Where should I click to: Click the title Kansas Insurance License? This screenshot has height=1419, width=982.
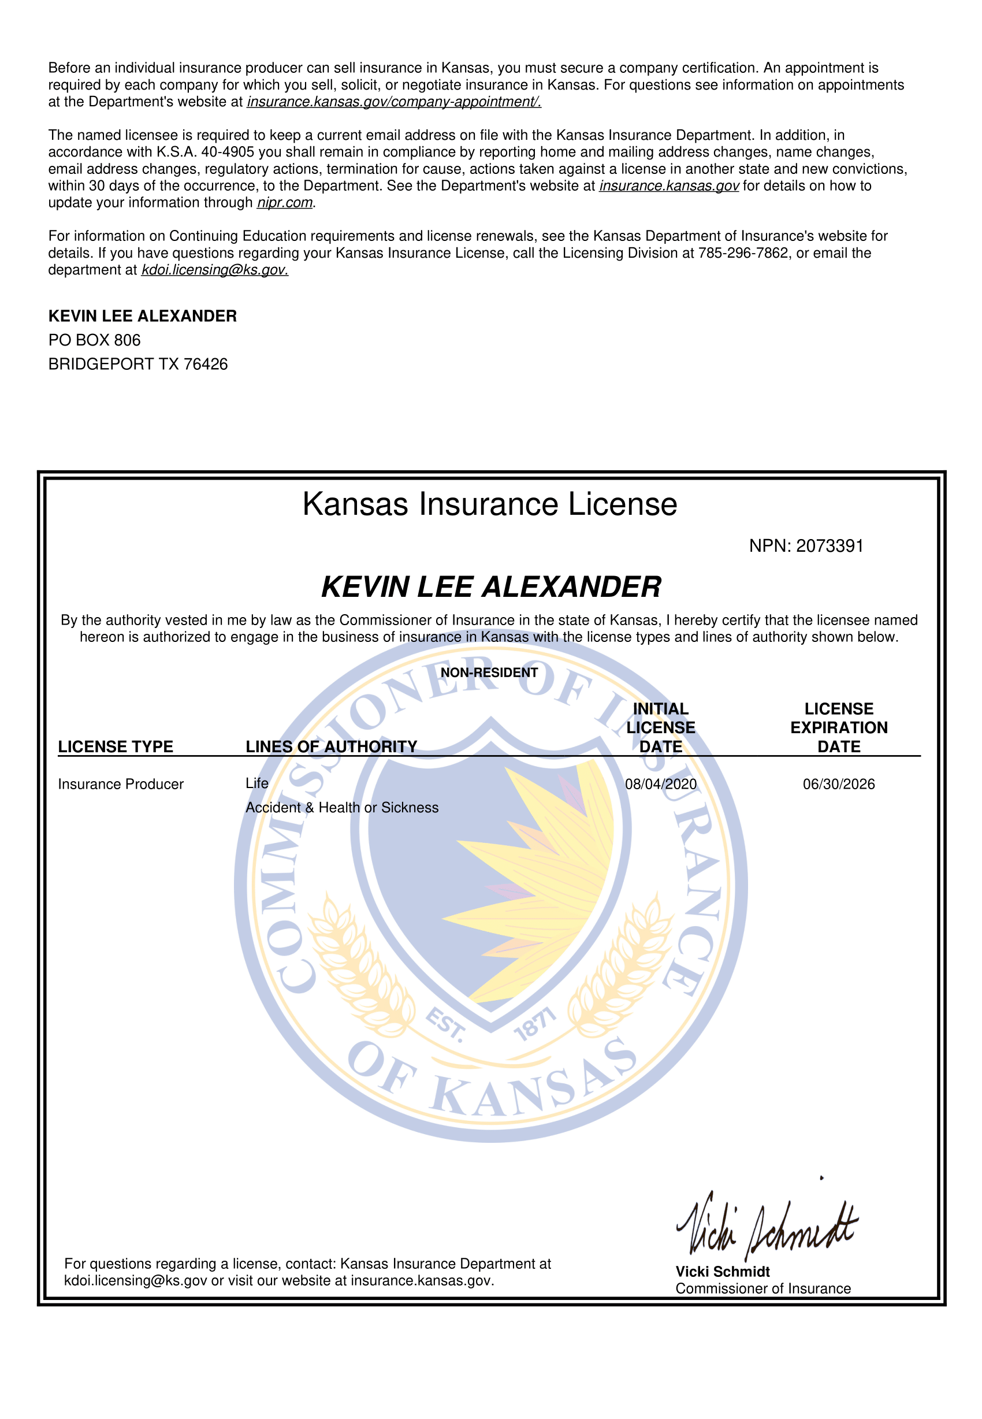coord(490,504)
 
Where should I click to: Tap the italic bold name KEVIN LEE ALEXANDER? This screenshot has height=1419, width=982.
coord(491,586)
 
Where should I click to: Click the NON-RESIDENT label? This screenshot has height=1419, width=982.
coord(489,673)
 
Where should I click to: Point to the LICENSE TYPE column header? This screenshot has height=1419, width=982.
coord(116,746)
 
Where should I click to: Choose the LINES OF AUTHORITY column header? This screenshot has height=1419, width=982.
coord(331,746)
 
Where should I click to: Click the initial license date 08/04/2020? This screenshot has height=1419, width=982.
coord(661,784)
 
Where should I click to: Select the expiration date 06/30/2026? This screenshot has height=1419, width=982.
coord(839,784)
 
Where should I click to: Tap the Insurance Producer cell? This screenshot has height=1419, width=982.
coord(121,784)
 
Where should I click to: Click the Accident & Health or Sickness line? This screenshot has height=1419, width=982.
coord(342,807)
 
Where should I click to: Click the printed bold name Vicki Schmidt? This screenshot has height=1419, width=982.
coord(723,1271)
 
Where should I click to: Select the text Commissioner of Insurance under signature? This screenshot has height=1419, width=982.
coord(763,1288)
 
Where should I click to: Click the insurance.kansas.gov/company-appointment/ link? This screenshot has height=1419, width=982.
coord(394,102)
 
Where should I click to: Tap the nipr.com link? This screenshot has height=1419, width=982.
coord(285,202)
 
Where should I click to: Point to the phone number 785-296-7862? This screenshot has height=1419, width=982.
coord(743,253)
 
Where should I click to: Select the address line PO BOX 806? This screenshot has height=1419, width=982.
coord(94,340)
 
